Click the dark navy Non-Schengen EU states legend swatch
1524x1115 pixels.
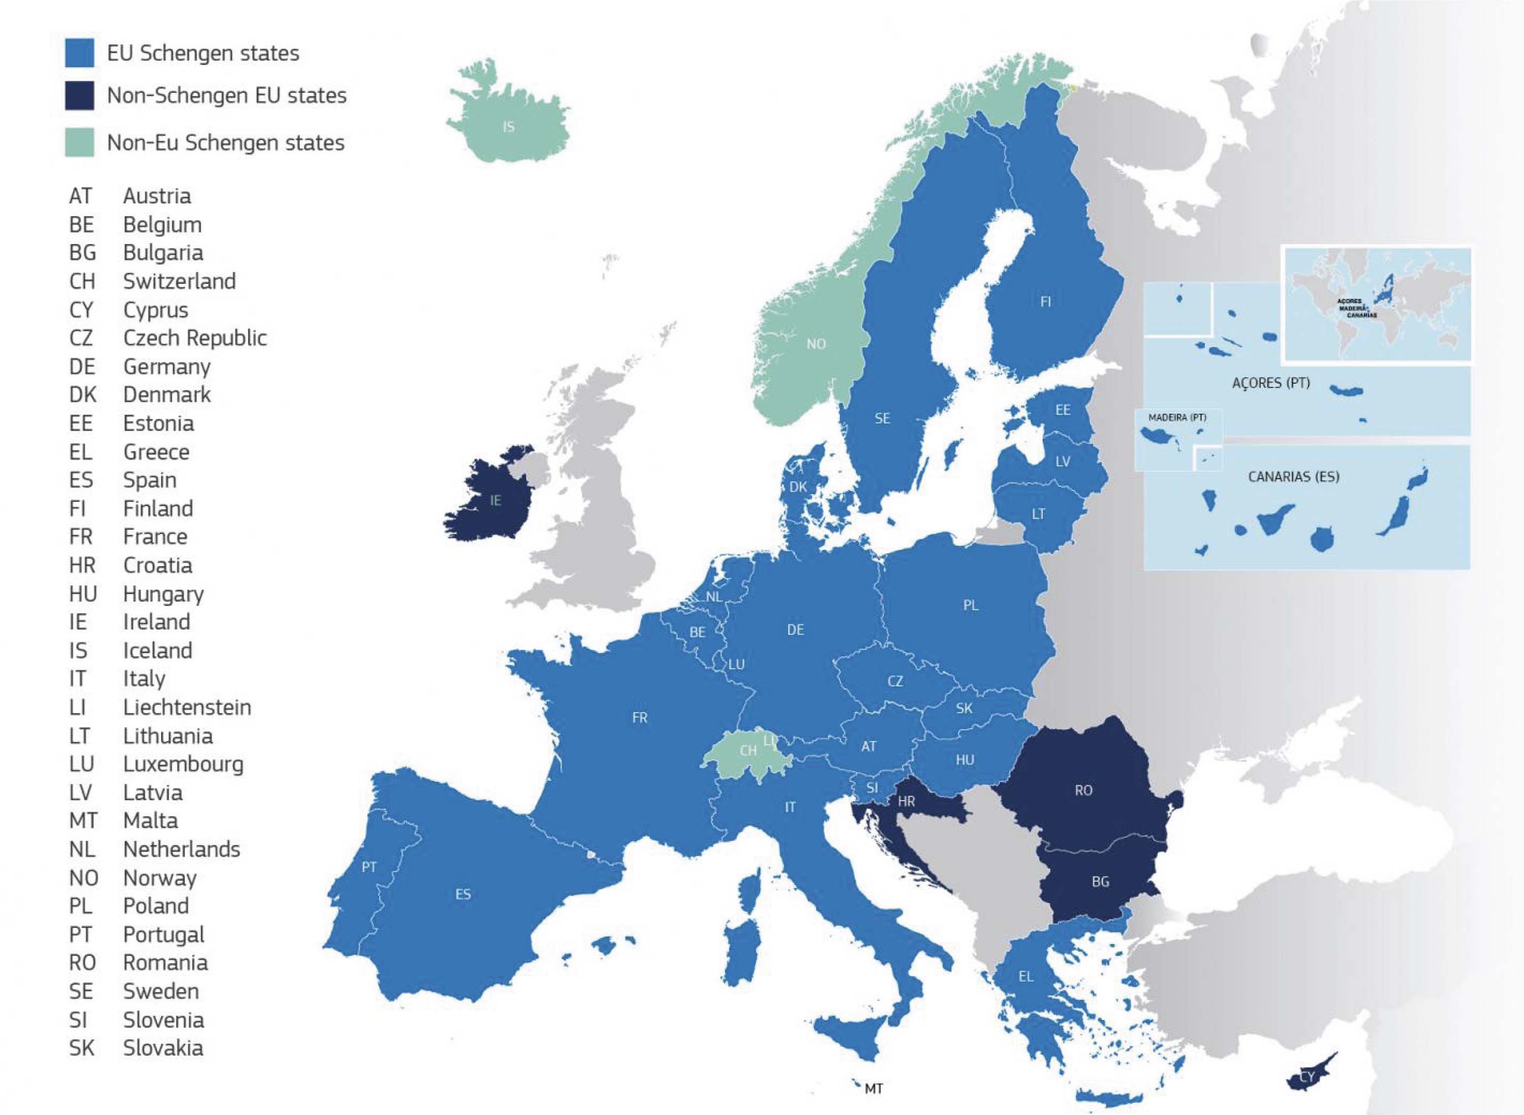click(79, 95)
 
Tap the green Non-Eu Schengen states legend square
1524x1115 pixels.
click(79, 142)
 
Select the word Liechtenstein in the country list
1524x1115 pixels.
click(186, 707)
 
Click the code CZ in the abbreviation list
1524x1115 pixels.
click(81, 338)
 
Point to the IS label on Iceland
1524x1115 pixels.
click(509, 127)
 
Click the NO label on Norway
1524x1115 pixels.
click(816, 344)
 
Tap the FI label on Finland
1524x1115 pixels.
click(1045, 302)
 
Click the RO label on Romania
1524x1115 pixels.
click(1083, 791)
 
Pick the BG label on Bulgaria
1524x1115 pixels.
click(1100, 881)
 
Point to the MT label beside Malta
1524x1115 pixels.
click(874, 1089)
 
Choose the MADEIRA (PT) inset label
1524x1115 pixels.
click(1177, 418)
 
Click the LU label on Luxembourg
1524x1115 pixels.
click(736, 664)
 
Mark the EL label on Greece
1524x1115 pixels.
click(1026, 976)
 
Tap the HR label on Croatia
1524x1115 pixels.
click(906, 802)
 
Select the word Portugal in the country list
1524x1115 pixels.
click(164, 935)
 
